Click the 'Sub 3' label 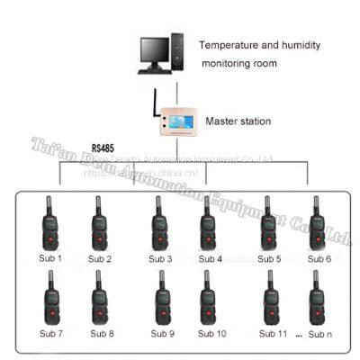point(158,259)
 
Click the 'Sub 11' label point(273,334)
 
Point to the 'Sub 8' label point(101,334)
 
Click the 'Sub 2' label point(100,259)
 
